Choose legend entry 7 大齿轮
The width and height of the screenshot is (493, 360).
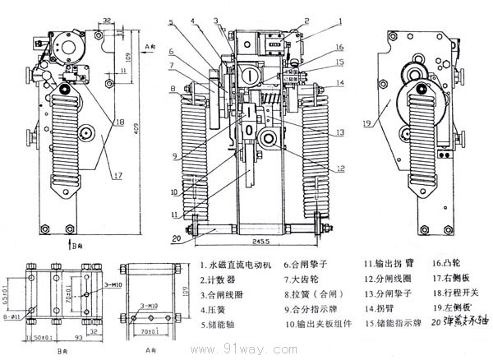pos(307,279)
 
